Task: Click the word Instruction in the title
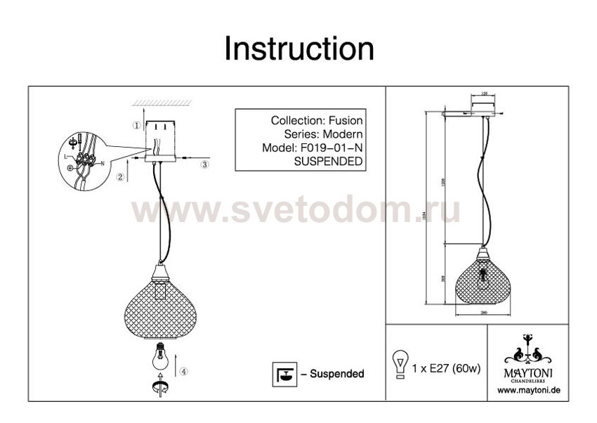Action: (298, 49)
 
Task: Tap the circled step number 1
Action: (136, 125)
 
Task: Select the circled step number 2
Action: (121, 177)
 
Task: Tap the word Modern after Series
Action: (345, 134)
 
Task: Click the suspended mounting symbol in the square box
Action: (282, 373)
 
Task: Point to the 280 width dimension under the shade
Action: (484, 313)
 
